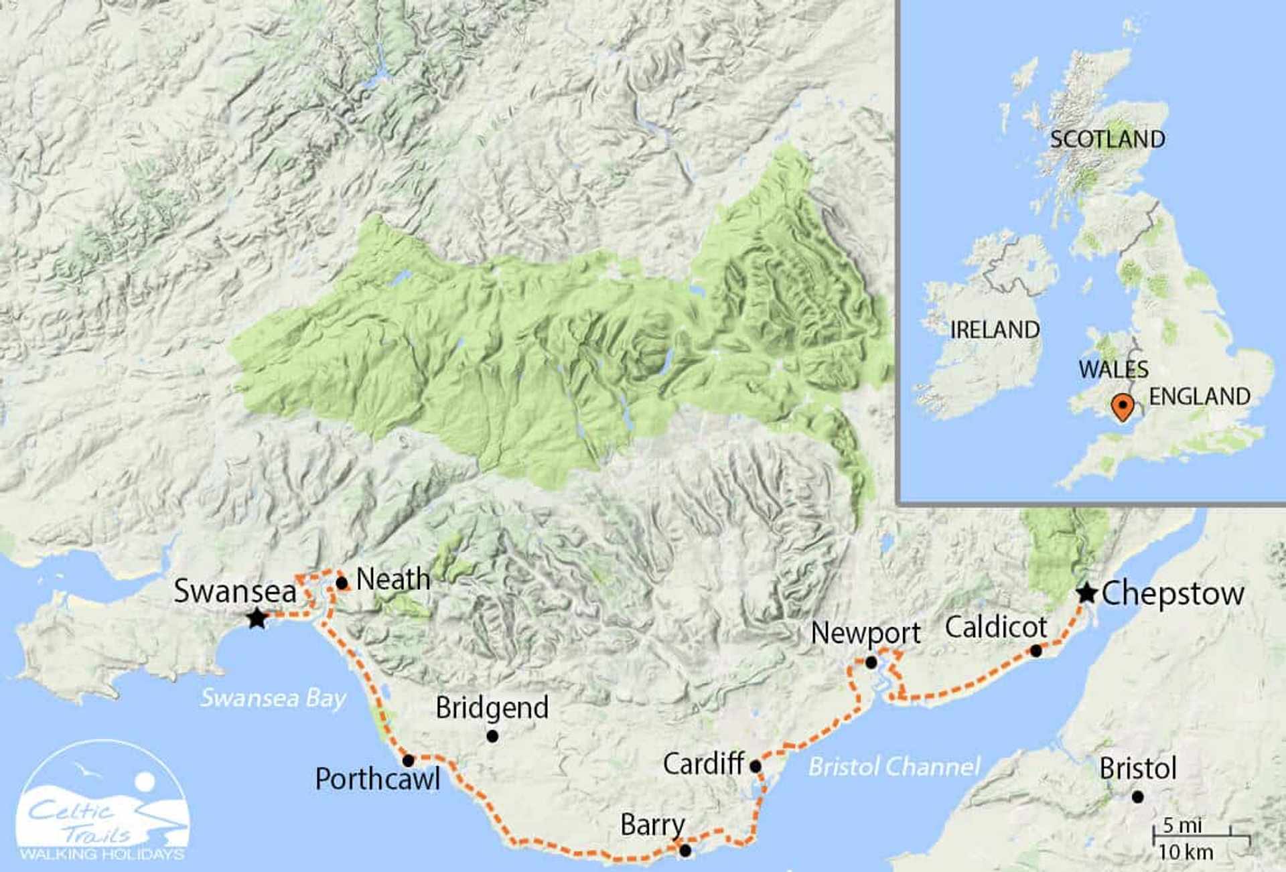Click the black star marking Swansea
pos(257,618)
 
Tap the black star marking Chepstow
pos(1086,593)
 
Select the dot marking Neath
pos(342,583)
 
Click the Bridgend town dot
pos(492,736)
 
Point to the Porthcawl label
pos(378,779)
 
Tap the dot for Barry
pos(685,851)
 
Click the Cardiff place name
pos(703,764)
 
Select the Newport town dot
pos(871,662)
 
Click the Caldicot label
pos(995,628)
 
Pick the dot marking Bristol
pos(1137,797)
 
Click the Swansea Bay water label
pos(273,698)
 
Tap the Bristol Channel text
pos(894,766)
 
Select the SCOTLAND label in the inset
pos(1107,139)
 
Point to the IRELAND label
pos(995,330)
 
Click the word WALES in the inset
pos(1113,369)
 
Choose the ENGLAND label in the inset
pos(1200,396)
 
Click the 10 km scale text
pos(1186,853)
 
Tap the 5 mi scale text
pos(1182,825)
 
